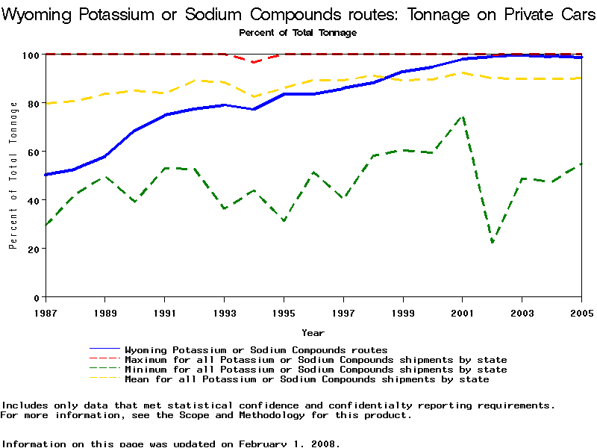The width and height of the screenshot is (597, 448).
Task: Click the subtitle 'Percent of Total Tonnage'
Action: coord(298,32)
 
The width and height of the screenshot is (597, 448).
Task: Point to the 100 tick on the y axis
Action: coord(31,55)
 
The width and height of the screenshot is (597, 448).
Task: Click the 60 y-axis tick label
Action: coord(33,152)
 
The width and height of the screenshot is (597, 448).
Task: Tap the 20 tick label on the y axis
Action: coord(33,249)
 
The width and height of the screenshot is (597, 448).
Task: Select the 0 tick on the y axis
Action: coord(36,297)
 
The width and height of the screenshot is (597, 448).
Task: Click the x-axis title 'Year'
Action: coord(313,332)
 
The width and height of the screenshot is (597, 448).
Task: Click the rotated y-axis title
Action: coord(13,175)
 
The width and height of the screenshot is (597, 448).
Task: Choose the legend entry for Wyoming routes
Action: coord(256,349)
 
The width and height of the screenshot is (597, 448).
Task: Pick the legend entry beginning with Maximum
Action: coord(316,360)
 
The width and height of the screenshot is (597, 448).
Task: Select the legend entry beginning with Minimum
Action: coord(316,370)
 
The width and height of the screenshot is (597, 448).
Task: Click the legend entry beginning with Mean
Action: coord(307,379)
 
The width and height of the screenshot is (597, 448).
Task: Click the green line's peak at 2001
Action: coord(463,116)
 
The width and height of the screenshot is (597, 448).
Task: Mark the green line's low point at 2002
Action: coord(493,242)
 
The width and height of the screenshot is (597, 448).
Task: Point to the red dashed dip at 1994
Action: coord(254,62)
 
